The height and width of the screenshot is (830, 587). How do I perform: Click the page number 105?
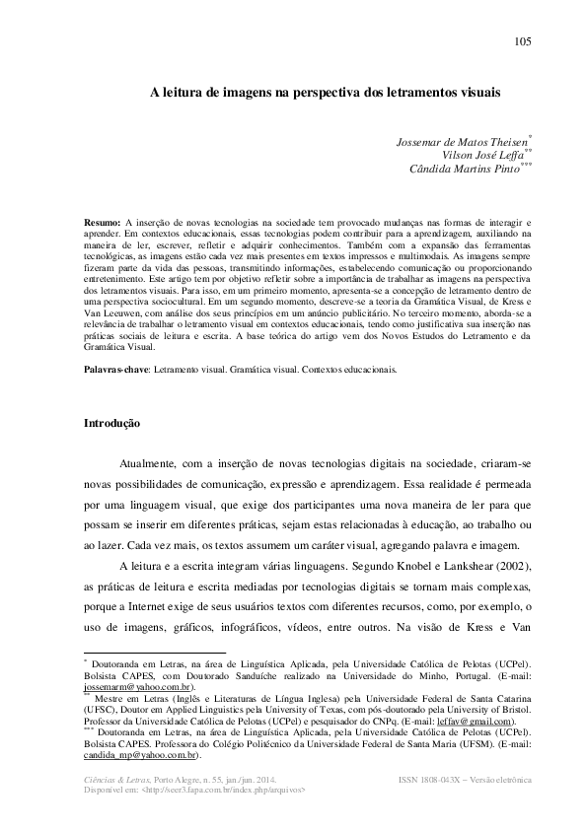click(x=523, y=40)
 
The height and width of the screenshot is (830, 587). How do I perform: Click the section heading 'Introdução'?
click(x=114, y=424)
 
